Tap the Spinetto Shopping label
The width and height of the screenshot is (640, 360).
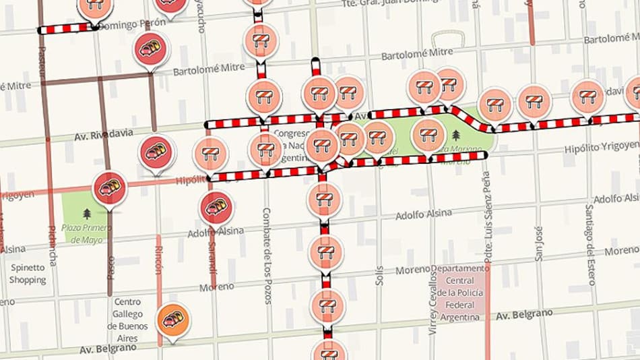point(28,274)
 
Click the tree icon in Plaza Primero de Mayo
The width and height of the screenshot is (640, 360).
point(87,214)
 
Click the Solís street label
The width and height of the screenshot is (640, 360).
point(379,275)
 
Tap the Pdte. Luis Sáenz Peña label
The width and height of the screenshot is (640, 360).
point(486,216)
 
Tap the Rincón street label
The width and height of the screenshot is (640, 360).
point(159,260)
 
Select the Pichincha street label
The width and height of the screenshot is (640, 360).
point(53,247)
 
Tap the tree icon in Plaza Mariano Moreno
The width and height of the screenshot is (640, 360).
point(456,135)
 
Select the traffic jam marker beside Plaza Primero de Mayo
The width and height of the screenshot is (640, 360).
point(110,188)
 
